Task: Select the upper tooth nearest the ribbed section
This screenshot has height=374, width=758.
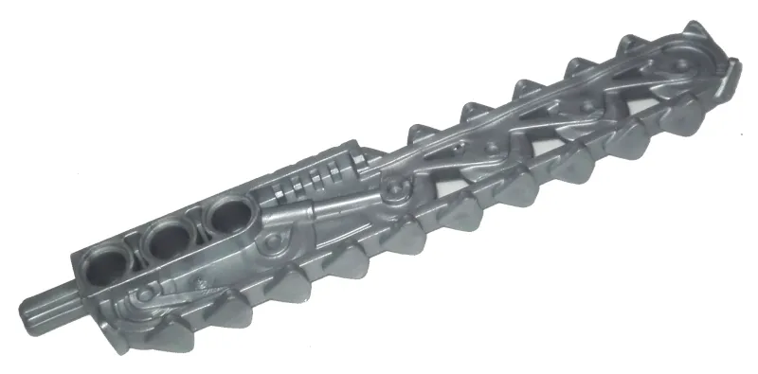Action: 418,135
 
